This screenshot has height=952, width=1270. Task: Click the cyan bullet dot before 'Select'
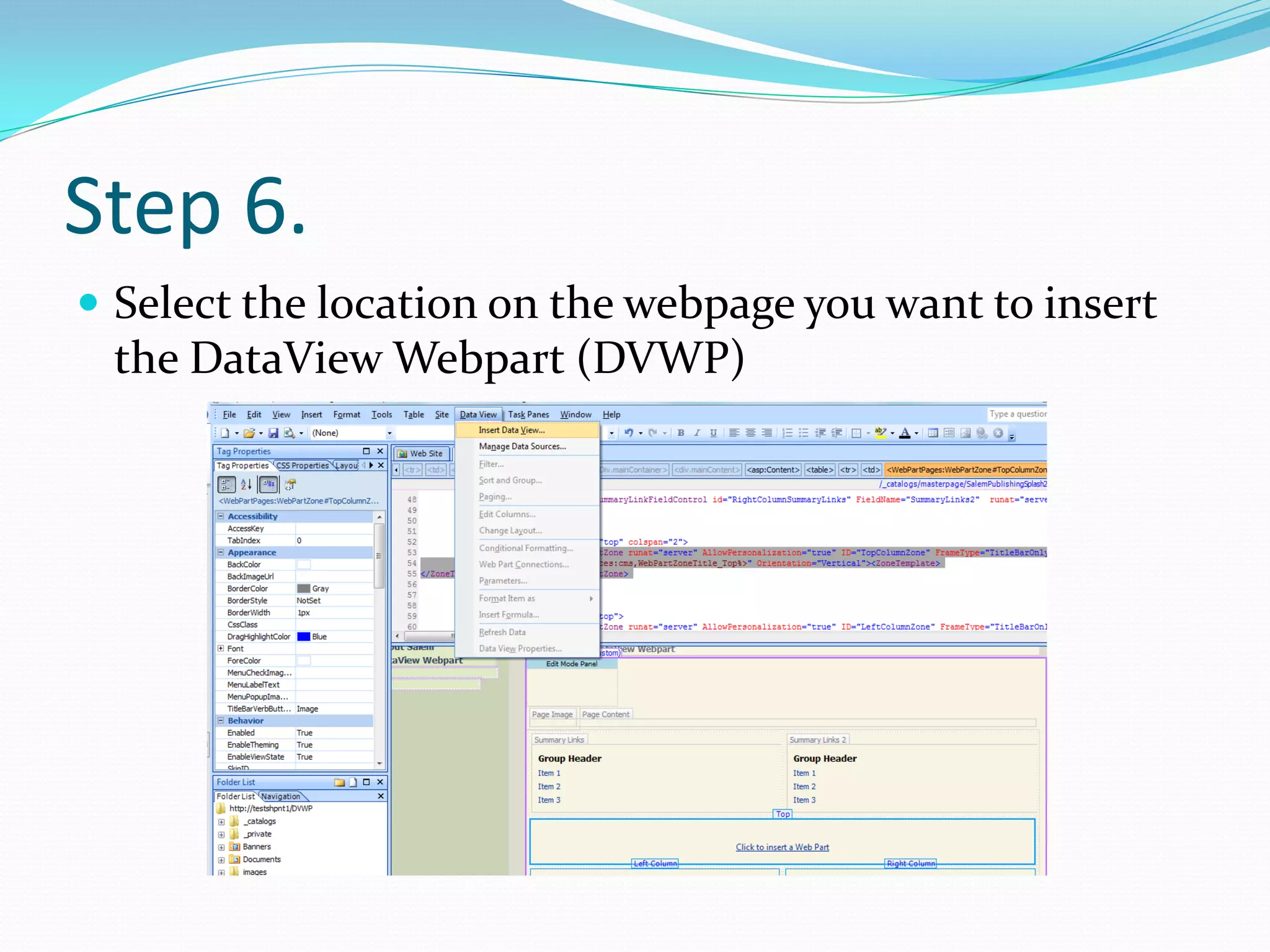click(89, 302)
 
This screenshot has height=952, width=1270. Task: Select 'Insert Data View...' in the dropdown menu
click(511, 430)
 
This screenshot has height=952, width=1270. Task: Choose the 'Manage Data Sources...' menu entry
click(522, 446)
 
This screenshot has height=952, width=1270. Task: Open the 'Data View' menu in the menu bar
click(477, 415)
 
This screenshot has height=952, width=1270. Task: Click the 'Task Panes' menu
click(528, 415)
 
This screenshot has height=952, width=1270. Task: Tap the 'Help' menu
click(611, 415)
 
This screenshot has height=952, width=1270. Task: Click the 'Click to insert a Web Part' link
click(781, 847)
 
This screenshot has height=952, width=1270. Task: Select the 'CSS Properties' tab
click(302, 465)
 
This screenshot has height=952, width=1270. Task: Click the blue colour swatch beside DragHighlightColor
click(303, 637)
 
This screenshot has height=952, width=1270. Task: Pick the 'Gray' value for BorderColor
click(320, 588)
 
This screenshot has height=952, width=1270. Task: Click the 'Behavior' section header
click(246, 721)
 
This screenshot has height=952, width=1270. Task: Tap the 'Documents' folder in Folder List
click(261, 860)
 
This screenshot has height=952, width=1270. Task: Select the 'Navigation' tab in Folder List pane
click(280, 796)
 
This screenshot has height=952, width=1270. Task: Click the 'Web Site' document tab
click(425, 454)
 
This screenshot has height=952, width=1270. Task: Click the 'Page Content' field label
click(605, 715)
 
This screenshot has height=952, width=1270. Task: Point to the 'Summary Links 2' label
click(817, 740)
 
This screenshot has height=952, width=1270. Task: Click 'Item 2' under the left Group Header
click(549, 787)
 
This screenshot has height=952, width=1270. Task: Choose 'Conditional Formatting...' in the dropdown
click(525, 548)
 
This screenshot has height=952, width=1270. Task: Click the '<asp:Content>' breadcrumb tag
click(773, 470)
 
